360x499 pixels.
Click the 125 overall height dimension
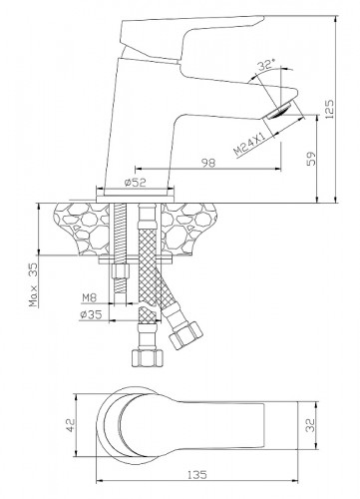329,109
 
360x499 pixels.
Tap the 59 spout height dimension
311,159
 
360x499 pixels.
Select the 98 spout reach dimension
208,163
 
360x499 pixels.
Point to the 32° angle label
267,65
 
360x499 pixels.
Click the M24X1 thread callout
249,144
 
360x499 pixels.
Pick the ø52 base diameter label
136,183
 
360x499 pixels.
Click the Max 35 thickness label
33,284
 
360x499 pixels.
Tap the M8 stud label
90,297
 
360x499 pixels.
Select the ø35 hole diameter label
91,314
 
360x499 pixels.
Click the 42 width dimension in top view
71,425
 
